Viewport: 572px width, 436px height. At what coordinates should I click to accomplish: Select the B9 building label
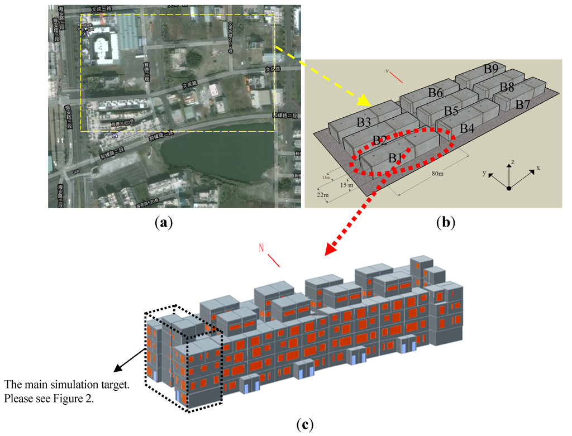point(491,69)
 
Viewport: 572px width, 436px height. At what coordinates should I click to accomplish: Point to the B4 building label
point(467,128)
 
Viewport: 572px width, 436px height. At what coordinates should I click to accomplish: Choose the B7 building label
point(523,104)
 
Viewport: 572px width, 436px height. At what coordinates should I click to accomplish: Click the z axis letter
point(512,162)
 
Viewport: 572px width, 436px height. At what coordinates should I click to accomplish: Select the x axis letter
point(538,167)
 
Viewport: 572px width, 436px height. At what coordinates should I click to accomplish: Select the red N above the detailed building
point(261,248)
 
